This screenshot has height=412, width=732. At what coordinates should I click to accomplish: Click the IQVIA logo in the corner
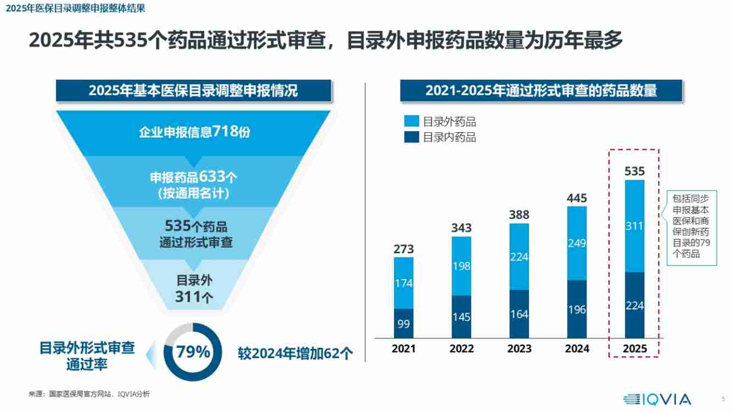657,399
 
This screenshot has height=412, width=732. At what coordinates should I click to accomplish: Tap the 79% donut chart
193,352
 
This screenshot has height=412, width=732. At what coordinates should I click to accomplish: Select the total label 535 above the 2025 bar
634,171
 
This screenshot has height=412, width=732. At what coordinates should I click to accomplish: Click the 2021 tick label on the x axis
403,349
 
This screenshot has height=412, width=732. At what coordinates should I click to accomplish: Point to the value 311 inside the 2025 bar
634,226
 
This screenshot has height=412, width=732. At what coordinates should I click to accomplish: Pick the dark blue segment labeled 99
403,324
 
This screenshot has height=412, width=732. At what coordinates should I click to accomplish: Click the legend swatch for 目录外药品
411,121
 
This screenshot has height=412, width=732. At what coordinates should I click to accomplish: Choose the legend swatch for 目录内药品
411,137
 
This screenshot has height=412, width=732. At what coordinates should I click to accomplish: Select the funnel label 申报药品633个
194,177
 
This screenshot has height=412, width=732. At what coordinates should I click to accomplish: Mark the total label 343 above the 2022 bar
461,227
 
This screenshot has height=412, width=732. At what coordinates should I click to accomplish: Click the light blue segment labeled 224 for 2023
519,257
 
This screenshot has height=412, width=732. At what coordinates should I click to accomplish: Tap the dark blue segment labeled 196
577,309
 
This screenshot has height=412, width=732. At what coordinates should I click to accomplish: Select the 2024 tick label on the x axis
577,349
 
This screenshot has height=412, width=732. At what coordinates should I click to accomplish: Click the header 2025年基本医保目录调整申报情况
193,91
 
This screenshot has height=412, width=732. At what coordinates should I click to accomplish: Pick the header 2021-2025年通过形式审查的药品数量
540,91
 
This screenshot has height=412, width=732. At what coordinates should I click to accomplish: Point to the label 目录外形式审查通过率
87,356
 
